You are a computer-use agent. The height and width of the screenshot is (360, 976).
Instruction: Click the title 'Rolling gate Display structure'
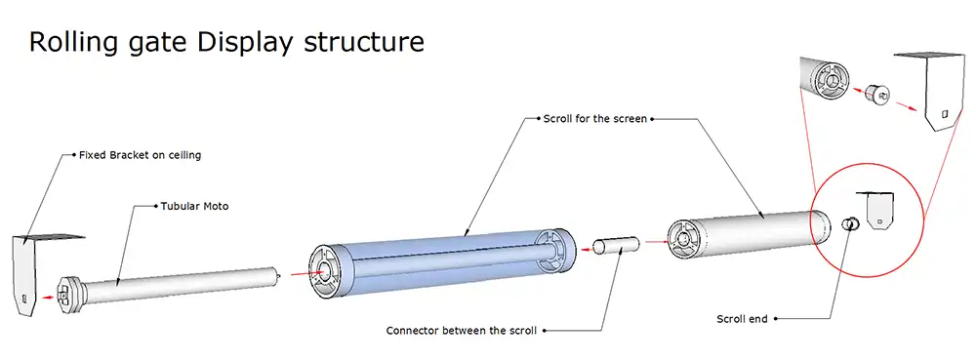pyautogui.click(x=226, y=42)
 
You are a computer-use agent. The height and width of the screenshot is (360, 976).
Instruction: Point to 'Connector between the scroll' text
pyautogui.click(x=461, y=329)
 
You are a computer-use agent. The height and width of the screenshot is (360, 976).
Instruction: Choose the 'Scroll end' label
pyautogui.click(x=743, y=318)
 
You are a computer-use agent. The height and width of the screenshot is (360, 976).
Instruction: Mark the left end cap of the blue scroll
pyautogui.click(x=328, y=268)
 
